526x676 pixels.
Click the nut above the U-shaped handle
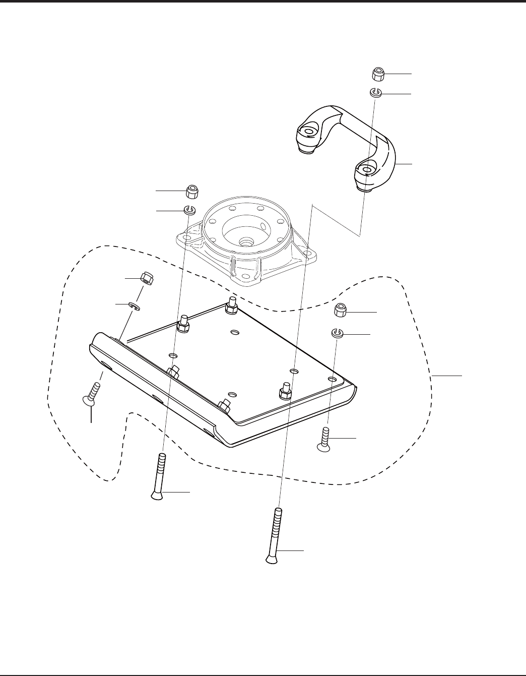point(379,75)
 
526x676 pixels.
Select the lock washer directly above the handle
point(376,92)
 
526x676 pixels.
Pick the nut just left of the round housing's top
point(192,192)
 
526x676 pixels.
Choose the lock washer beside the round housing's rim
point(189,210)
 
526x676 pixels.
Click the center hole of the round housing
point(247,242)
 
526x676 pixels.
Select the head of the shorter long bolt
point(158,496)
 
